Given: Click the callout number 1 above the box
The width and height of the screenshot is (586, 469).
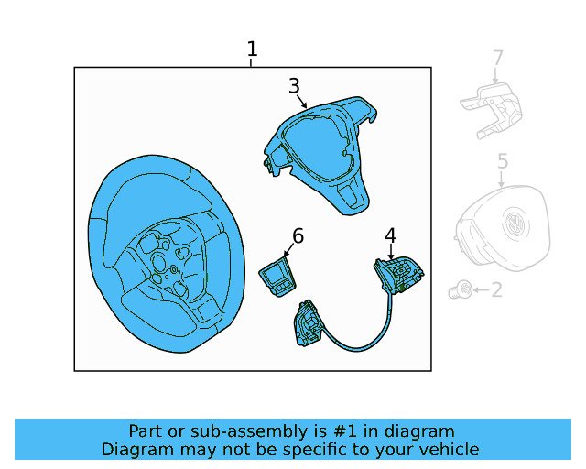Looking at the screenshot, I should coord(252,49).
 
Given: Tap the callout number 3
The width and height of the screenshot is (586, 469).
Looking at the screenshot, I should coord(294,86).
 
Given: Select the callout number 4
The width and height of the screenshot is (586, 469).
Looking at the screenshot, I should coord(390,235).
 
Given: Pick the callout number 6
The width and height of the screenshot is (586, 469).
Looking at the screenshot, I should coord(298,236).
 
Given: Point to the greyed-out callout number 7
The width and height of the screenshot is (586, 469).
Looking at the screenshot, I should coord(497,59).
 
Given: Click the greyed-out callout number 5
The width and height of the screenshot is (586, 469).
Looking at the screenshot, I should coord(503,162).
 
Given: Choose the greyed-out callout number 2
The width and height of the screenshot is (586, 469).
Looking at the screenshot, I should coord(496,290).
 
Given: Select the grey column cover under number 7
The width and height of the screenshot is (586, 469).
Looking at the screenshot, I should coord(493,111).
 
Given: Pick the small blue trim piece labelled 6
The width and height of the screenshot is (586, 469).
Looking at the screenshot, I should coord(277,275).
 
